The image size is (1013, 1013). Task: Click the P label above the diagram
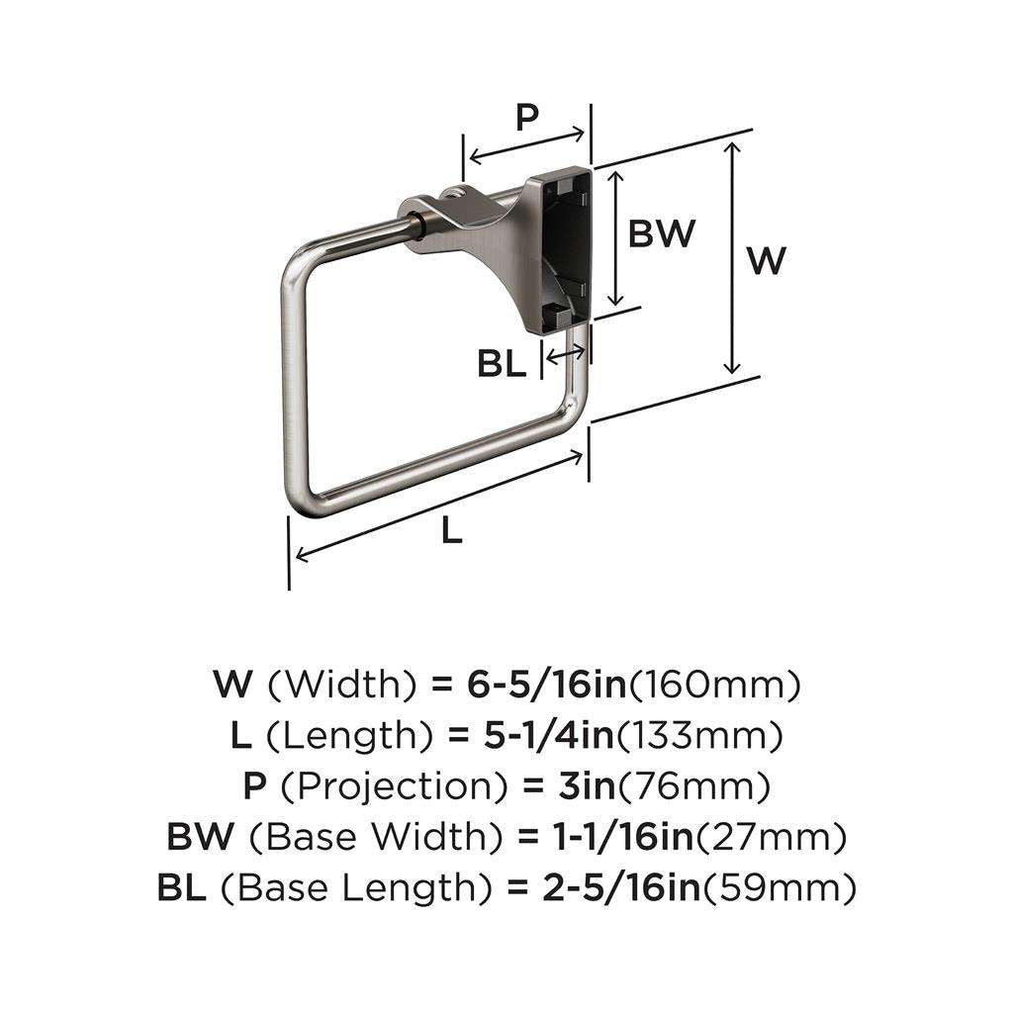point(526,118)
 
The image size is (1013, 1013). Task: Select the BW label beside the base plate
point(662,234)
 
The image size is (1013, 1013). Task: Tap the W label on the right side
point(766,261)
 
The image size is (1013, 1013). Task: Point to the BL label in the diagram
point(502,364)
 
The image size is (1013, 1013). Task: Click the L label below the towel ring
point(451,531)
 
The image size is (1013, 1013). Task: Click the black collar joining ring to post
point(420,226)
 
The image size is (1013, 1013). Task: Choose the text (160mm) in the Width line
point(714,684)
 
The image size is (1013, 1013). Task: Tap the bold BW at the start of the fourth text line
point(201,839)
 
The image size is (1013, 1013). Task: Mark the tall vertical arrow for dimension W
point(731,257)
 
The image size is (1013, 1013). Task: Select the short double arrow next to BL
point(565,351)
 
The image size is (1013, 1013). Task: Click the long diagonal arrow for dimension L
point(440,504)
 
